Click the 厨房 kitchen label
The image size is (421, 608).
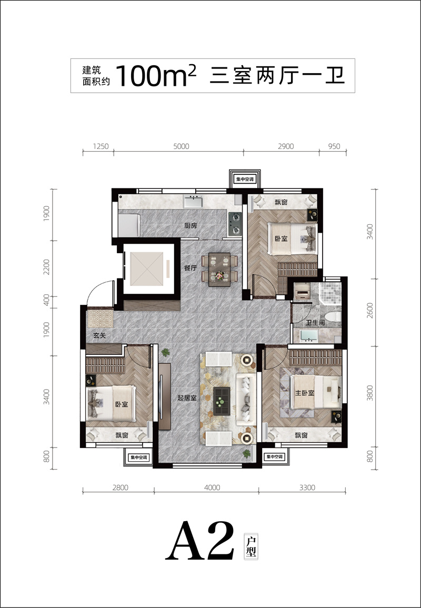[191, 226]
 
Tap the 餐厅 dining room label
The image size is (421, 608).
[191, 268]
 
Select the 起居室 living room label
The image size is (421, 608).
[187, 398]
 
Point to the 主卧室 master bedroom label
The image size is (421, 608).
[305, 393]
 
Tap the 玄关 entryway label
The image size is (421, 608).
[99, 335]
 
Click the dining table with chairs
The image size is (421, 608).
[219, 270]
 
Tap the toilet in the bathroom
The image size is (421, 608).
[334, 317]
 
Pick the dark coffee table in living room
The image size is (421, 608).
[222, 399]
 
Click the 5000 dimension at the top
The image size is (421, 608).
[182, 146]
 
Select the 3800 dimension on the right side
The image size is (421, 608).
[370, 392]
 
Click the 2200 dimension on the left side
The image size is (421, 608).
[46, 267]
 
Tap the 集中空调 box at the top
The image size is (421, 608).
[245, 179]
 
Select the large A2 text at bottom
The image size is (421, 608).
[200, 541]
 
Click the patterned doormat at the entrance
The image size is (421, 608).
[101, 319]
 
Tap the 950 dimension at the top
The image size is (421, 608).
[334, 146]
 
